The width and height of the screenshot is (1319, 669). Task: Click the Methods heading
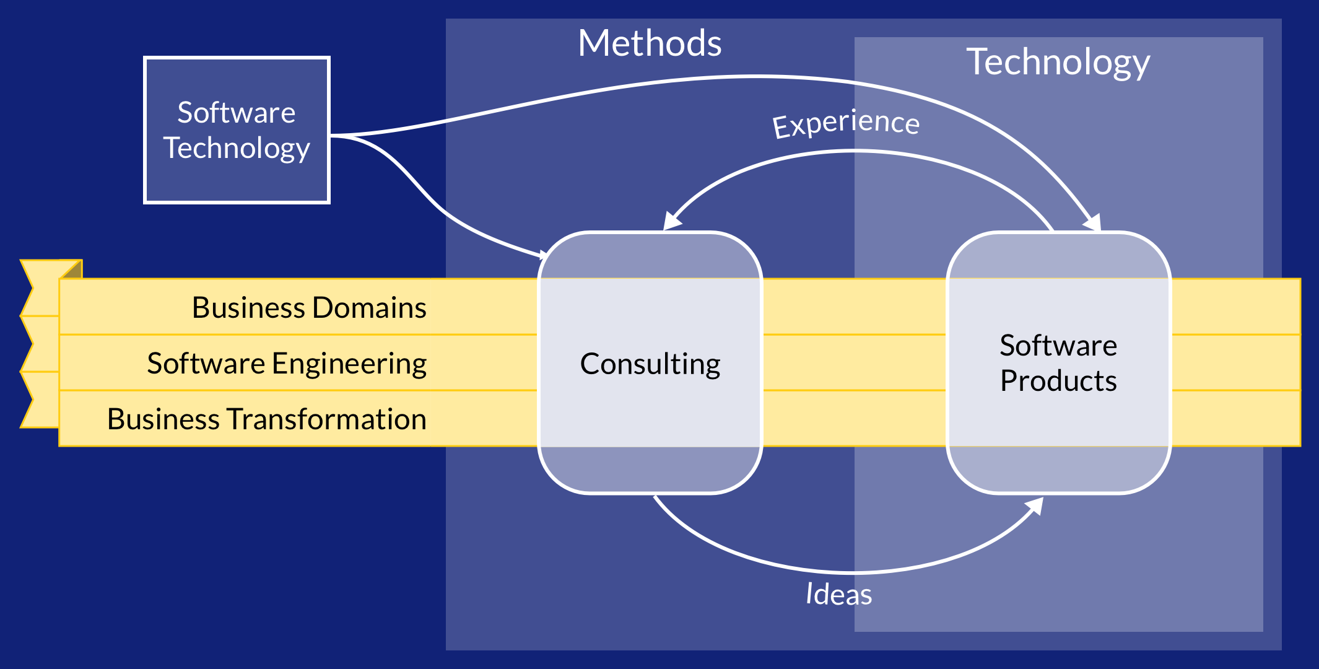point(650,43)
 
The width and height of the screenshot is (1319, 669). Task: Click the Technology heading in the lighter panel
point(1058,63)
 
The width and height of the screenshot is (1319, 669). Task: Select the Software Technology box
point(237,130)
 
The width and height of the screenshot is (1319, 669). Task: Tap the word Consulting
point(650,364)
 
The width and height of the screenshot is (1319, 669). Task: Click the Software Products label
point(1059,363)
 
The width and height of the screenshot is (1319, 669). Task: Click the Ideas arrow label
point(838,594)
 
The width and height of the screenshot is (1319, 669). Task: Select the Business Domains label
point(309,308)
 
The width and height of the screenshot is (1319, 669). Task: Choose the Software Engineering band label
point(287,364)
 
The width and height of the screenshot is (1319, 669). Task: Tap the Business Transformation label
point(267,419)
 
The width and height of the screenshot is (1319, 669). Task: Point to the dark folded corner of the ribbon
point(73,269)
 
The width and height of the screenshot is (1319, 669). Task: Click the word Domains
point(369,308)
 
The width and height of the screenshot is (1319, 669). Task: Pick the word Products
point(1059,380)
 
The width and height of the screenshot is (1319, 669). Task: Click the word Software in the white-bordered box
point(237,113)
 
